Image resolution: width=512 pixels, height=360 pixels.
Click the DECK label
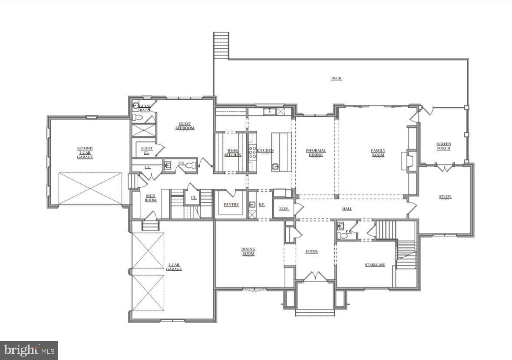pos(336,79)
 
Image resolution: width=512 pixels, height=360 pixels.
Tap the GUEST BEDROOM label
pos(185,126)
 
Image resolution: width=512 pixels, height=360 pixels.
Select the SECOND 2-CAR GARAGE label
pos(85,152)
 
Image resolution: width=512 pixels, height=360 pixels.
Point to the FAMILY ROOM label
pos(378,153)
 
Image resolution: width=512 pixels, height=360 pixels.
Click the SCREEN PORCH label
pos(443,146)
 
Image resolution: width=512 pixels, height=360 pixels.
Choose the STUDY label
pos(445,197)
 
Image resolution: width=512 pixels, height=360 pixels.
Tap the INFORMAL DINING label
pos(315,153)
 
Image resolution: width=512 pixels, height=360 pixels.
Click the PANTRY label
pos(231,205)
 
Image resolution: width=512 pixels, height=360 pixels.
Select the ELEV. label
pos(284,209)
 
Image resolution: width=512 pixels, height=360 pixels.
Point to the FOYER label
pos(311,251)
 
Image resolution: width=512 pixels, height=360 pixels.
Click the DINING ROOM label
pos(248,251)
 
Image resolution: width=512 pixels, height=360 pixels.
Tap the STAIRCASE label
pos(375,265)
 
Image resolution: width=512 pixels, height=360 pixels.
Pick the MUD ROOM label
pos(150,198)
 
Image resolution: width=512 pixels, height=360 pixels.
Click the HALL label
pos(347,209)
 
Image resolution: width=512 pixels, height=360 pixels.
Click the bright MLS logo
pos(29,350)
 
